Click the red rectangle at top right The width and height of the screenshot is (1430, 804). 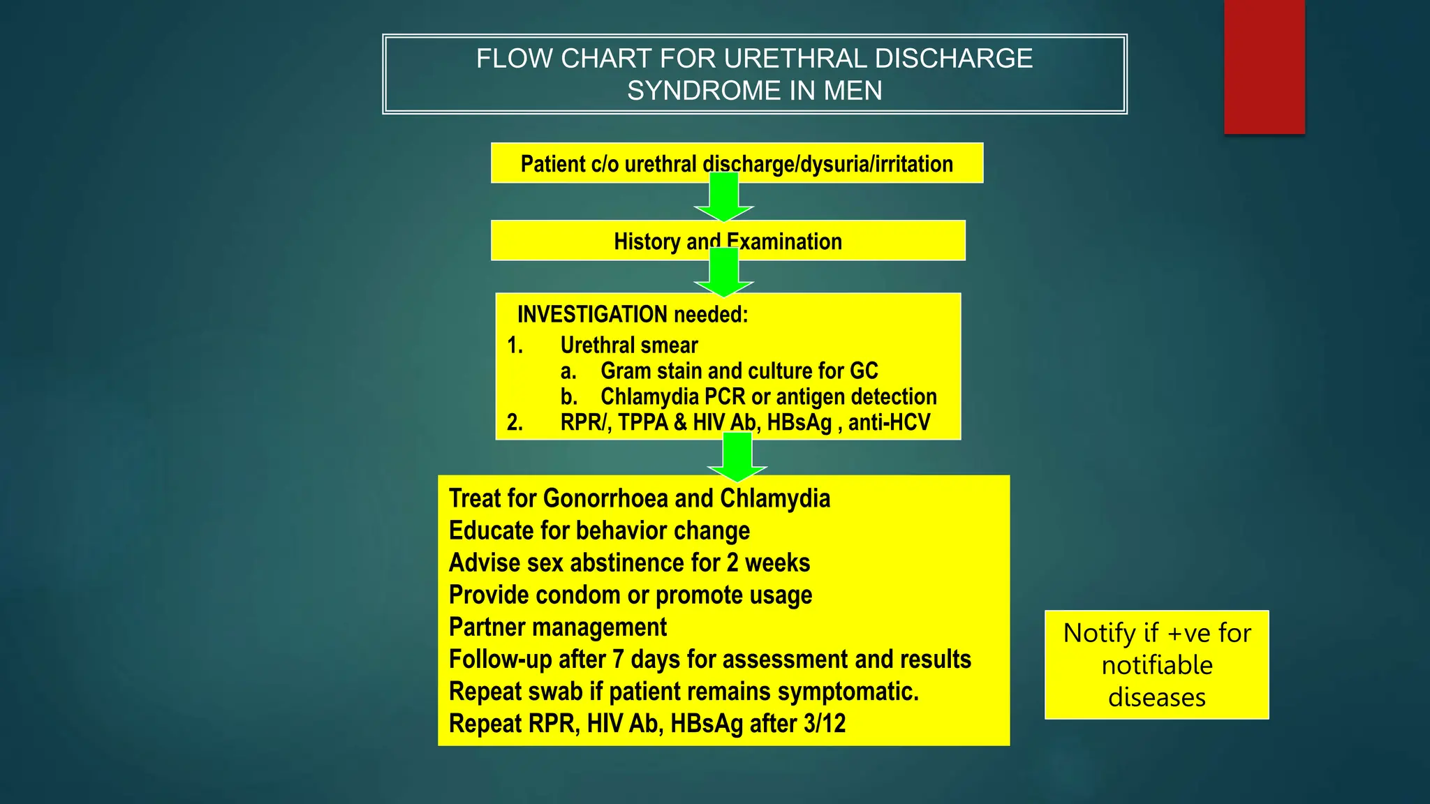1264,66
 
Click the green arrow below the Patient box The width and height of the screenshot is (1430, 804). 724,198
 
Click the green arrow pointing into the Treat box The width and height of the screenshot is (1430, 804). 737,458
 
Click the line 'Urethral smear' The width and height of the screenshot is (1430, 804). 628,345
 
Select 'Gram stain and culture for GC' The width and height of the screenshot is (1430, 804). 739,371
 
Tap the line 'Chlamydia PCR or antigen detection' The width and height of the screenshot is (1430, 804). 768,397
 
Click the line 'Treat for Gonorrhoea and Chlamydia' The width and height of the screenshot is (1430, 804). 639,499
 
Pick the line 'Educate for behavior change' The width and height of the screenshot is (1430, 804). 599,531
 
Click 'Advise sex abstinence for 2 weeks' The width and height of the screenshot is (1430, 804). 629,563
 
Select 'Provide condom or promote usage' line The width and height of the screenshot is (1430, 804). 630,595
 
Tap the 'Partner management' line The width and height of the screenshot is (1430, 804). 557,627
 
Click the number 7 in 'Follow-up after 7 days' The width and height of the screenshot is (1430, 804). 618,660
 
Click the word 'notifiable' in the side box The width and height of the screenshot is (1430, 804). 1157,665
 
